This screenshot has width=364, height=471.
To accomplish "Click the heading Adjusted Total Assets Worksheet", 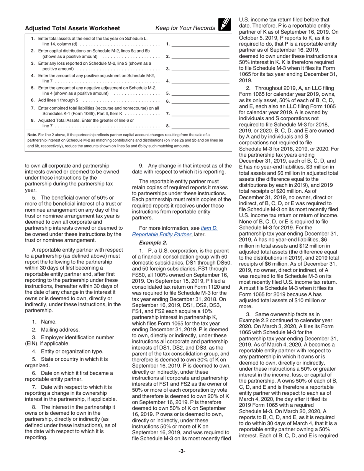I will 72,28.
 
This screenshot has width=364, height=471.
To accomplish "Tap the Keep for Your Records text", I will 185,28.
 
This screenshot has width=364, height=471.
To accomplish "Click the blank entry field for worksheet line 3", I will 200,69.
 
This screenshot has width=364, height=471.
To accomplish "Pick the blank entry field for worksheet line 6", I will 200,101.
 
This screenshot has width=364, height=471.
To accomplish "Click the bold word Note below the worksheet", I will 32,135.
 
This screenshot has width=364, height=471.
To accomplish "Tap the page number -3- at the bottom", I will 182,451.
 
